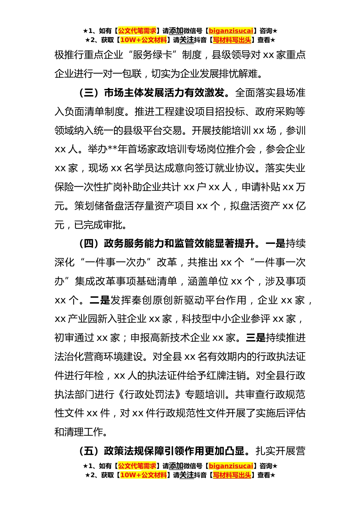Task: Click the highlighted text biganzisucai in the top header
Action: tap(231, 31)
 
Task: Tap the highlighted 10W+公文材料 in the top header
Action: tap(143, 40)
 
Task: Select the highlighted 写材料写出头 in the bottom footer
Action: tap(232, 475)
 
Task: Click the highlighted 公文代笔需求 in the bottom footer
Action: tap(137, 466)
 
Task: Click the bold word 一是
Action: tap(275, 244)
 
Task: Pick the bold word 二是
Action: tap(100, 300)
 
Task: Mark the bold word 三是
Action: tap(256, 338)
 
